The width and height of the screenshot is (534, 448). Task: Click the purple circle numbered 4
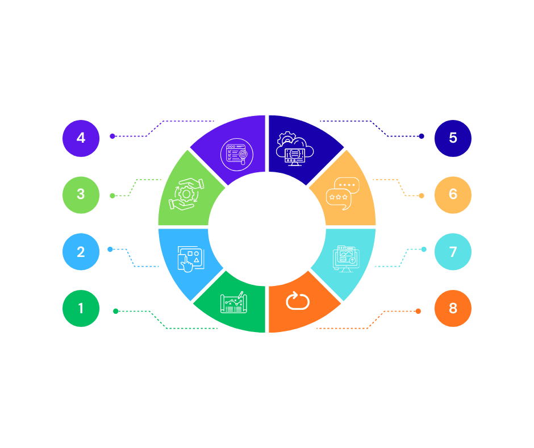pos(81,138)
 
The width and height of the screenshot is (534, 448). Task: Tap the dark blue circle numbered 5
pos(453,138)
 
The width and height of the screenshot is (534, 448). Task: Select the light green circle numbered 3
pos(81,194)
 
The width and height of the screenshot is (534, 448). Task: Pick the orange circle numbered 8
pos(453,308)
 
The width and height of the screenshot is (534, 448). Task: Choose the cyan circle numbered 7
pos(453,251)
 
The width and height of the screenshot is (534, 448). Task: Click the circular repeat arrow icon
pos(297,301)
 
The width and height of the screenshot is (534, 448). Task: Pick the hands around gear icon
pos(186,193)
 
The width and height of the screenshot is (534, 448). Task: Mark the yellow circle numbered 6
pos(453,194)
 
